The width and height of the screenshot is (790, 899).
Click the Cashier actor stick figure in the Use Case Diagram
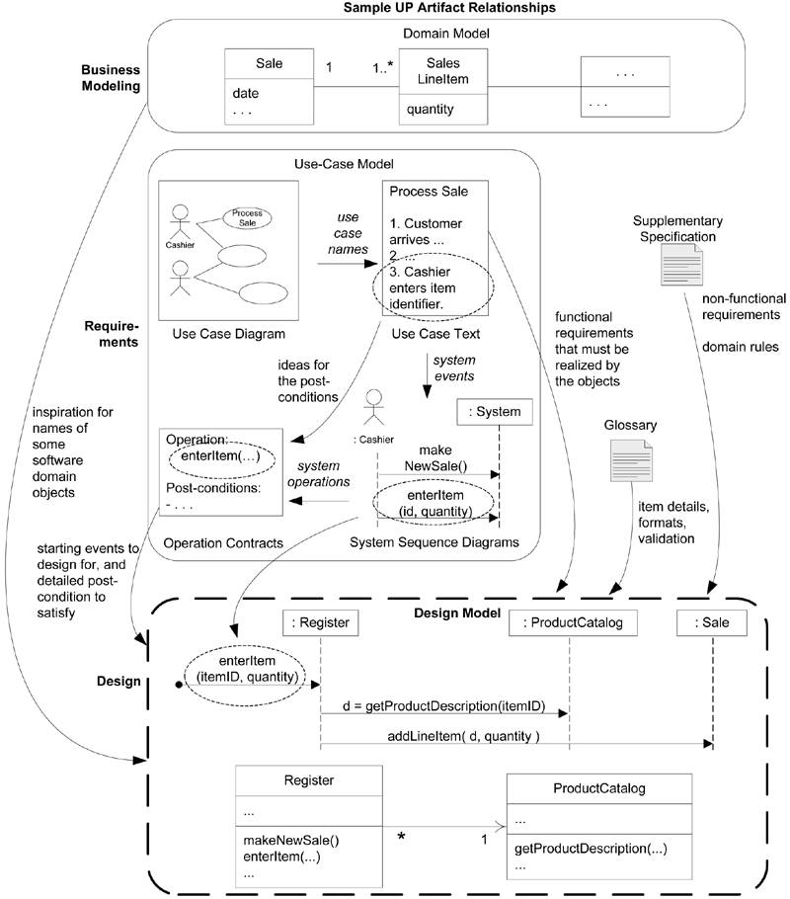(179, 219)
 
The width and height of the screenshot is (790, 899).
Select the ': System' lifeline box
(497, 411)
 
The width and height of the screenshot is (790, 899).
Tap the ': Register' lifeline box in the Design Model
(320, 623)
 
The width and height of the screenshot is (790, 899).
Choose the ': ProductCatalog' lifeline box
(570, 623)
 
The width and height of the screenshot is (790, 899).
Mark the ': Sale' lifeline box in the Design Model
(711, 623)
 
